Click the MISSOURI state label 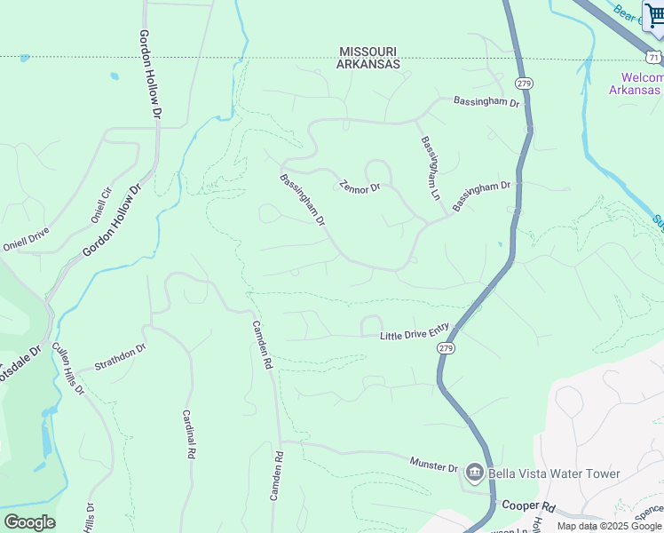368,52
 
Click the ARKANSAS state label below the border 368,65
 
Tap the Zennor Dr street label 360,187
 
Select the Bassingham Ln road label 431,167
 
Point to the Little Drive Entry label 415,331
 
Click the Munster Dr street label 433,465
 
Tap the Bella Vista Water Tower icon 474,473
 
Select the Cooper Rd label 527,506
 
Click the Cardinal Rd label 188,434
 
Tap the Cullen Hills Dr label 67,368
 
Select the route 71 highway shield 653,57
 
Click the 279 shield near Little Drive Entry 447,350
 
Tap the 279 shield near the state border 524,84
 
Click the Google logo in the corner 29,522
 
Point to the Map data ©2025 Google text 609,526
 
